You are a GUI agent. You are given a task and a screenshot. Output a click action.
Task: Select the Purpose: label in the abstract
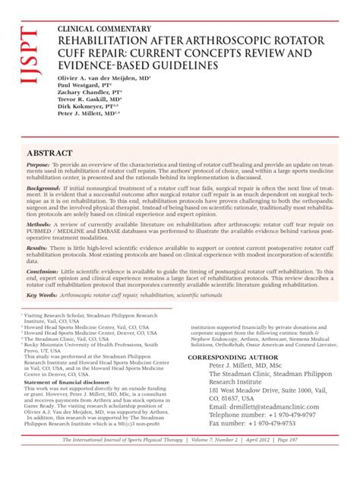click(39, 166)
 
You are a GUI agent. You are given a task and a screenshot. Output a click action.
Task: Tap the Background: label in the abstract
click(43, 187)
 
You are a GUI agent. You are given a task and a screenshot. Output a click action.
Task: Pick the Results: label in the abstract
click(37, 248)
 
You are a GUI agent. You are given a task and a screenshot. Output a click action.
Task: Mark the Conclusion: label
click(43, 270)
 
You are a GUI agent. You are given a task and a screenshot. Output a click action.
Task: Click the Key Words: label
click(42, 295)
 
